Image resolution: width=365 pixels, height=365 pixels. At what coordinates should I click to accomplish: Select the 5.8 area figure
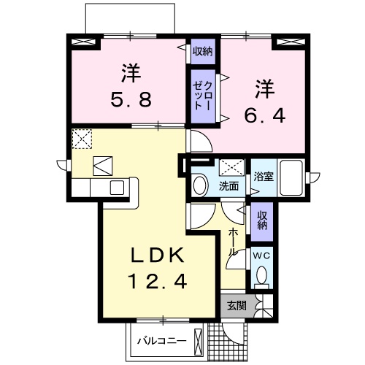131,99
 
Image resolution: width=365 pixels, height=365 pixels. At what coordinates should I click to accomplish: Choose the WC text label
261,255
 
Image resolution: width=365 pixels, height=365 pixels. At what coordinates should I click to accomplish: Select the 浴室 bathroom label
263,177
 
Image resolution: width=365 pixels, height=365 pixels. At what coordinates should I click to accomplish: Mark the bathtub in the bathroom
292,179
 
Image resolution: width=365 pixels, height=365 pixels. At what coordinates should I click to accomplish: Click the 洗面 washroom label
228,185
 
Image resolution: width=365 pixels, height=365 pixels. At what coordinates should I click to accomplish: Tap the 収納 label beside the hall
261,220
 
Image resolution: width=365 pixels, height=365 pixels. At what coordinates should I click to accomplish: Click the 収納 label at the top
202,51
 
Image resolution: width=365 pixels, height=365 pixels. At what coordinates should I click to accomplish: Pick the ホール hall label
231,240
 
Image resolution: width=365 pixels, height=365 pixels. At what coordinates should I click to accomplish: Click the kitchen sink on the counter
117,188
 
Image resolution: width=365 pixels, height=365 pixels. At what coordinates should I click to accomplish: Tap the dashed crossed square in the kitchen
81,138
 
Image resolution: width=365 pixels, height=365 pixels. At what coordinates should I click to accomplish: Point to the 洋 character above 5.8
131,73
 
